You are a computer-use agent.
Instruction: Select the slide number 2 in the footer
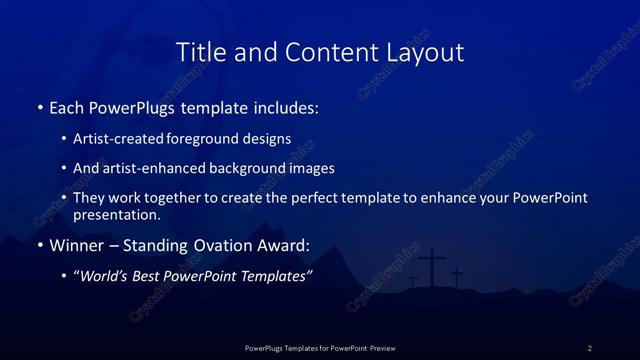[x=590, y=348]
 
